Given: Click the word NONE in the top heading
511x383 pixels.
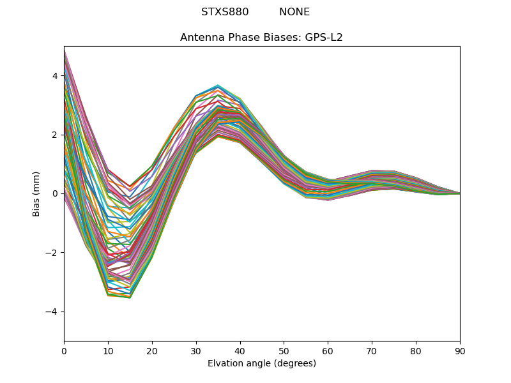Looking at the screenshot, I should (x=294, y=12).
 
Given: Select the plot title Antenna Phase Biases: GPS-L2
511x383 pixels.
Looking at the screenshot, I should (x=261, y=38).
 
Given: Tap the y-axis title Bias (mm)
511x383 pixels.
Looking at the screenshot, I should (x=36, y=193).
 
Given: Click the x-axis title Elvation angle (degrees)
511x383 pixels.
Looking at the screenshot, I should (x=261, y=364).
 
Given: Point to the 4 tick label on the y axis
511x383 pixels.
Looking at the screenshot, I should (x=55, y=76).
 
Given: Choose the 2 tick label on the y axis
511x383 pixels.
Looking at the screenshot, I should (x=55, y=135).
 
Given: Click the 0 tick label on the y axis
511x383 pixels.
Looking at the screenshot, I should (x=55, y=193).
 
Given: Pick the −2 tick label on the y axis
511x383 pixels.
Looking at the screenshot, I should (x=52, y=253).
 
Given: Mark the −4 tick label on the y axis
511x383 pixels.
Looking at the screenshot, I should (x=52, y=312).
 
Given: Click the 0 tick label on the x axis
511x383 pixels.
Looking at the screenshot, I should (x=64, y=350).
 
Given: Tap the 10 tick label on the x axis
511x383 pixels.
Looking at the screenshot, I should (x=108, y=350).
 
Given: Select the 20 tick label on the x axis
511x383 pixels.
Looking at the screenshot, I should (x=152, y=350).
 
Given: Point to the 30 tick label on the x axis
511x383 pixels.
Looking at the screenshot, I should (x=196, y=350).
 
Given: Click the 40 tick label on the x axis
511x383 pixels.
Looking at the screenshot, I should (x=240, y=350).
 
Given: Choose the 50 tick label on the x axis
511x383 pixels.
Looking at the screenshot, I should (x=284, y=350).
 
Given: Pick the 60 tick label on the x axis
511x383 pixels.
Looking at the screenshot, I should (x=328, y=350).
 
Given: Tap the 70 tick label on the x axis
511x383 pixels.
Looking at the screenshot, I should (x=372, y=350).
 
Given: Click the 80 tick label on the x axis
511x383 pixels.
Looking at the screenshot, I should (x=416, y=350).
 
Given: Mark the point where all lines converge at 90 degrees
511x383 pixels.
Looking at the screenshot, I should (x=459, y=193).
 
